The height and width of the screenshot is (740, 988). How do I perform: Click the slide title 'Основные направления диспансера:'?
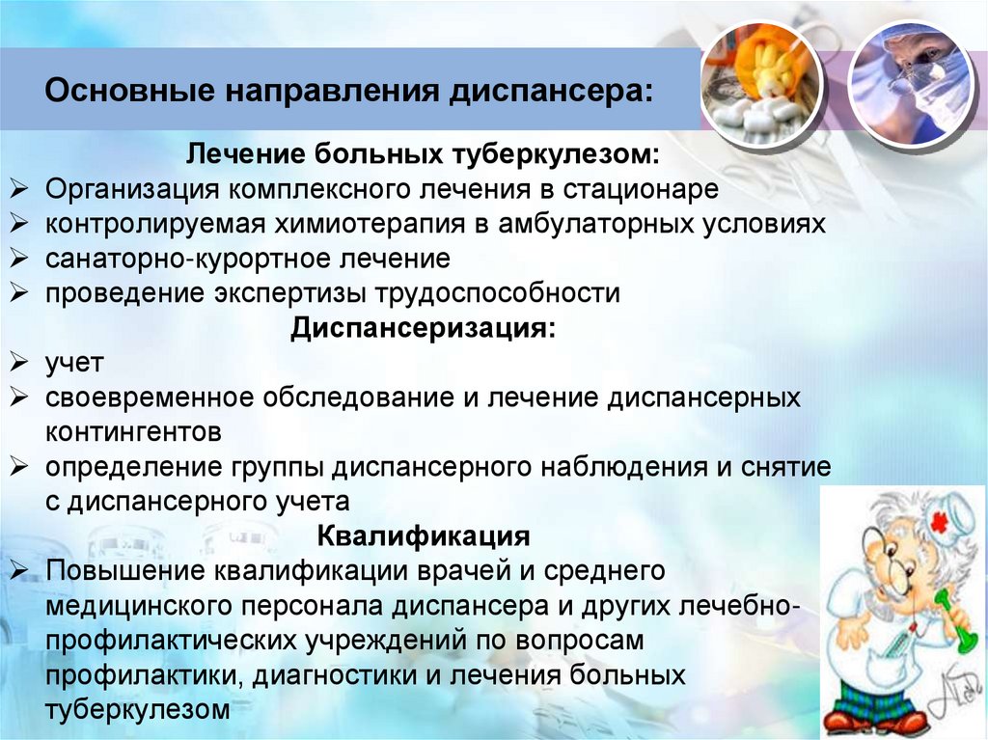[x=348, y=95]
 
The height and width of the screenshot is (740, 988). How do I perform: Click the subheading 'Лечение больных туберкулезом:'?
[x=424, y=154]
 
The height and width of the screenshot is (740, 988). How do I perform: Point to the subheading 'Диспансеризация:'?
[x=424, y=328]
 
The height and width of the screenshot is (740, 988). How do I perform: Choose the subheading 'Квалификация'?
[x=424, y=535]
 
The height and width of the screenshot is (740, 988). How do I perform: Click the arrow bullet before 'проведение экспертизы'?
[x=19, y=293]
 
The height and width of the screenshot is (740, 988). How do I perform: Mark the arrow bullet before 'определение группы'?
[x=19, y=467]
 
